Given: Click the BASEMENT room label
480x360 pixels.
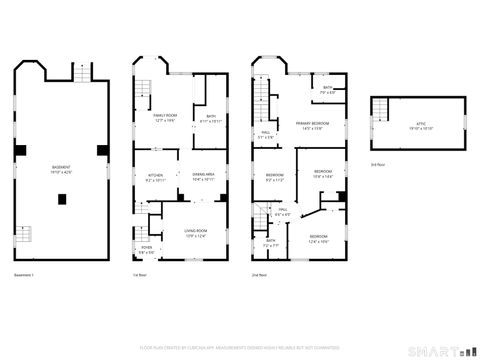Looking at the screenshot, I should [x=61, y=167].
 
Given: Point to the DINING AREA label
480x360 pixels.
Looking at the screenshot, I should [x=205, y=177].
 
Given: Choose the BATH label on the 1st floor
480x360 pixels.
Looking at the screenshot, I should [x=211, y=118].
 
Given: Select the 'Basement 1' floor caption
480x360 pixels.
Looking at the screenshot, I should [x=24, y=274].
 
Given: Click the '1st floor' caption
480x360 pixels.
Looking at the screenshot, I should [x=140, y=274].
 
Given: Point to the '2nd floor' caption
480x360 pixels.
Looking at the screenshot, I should [x=258, y=274].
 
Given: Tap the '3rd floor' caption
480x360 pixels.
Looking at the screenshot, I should [x=377, y=163].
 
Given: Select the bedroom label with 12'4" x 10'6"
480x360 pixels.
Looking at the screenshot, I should [x=318, y=240].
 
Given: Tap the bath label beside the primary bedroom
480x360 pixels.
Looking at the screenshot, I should [x=327, y=90].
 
